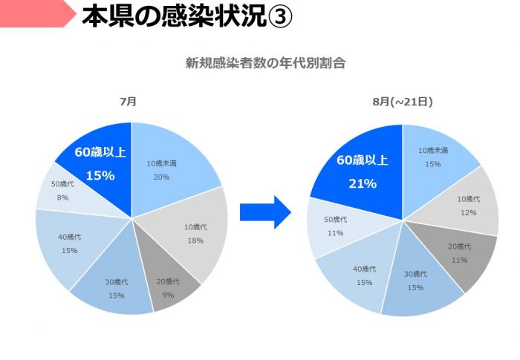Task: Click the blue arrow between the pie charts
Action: coord(264,212)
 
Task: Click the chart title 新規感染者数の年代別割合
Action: coord(265,63)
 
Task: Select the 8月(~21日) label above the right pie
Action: coord(403,102)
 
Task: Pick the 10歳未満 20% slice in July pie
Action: coord(167,167)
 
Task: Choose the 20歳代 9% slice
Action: coord(168,286)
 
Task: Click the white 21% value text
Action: coord(363,183)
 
